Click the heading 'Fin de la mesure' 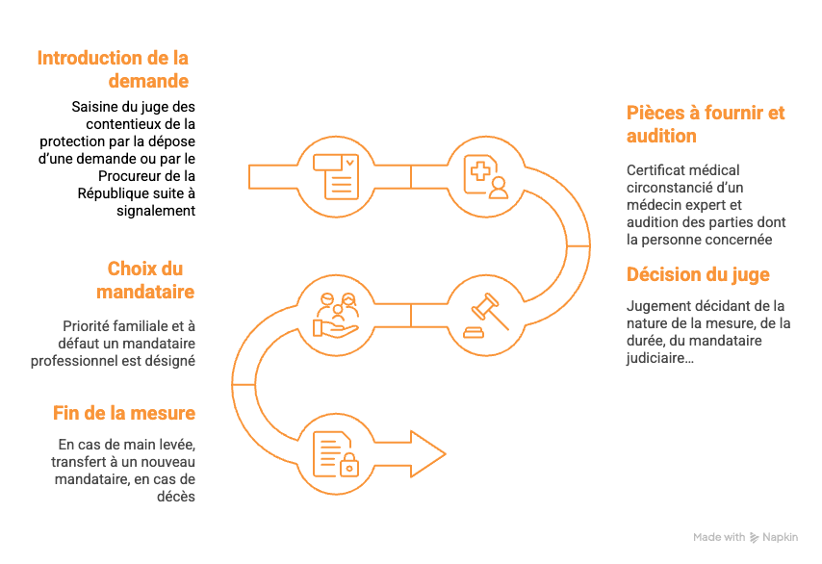pyautogui.click(x=124, y=413)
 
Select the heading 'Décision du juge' pyautogui.click(x=698, y=274)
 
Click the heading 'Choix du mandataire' pyautogui.click(x=145, y=280)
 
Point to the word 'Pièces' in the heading pyautogui.click(x=655, y=113)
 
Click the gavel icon pyautogui.click(x=486, y=316)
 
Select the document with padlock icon pyautogui.click(x=336, y=454)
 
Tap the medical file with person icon pyautogui.click(x=486, y=177)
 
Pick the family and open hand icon pyautogui.click(x=336, y=315)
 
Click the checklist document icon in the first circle pyautogui.click(x=336, y=177)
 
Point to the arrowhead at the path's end pyautogui.click(x=427, y=454)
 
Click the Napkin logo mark pyautogui.click(x=754, y=537)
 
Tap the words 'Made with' pyautogui.click(x=719, y=537)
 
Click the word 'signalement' pyautogui.click(x=156, y=211)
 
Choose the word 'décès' pyautogui.click(x=176, y=497)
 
